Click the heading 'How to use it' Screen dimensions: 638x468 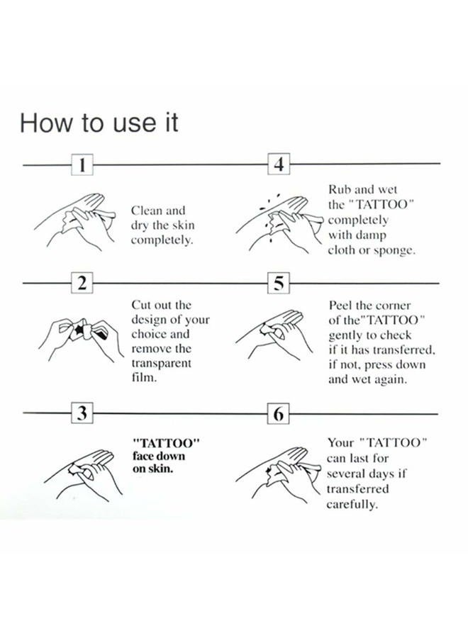pyautogui.click(x=99, y=123)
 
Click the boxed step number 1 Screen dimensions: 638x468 pyautogui.click(x=83, y=164)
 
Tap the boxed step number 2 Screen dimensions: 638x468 pyautogui.click(x=83, y=284)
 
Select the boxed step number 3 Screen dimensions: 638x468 pyautogui.click(x=83, y=413)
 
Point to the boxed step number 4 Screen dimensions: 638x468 pyautogui.click(x=279, y=164)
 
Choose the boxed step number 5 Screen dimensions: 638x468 pyautogui.click(x=279, y=284)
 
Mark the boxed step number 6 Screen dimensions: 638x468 pyautogui.click(x=279, y=413)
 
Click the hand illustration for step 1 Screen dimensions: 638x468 pyautogui.click(x=74, y=216)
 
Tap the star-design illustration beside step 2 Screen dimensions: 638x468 pyautogui.click(x=79, y=333)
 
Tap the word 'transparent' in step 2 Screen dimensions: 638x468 pyautogui.click(x=162, y=363)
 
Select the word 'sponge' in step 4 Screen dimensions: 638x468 pyautogui.click(x=396, y=251)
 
